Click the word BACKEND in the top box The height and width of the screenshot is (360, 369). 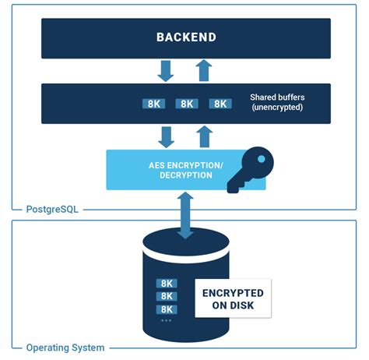point(185,37)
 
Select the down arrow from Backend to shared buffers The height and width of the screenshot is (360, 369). point(166,71)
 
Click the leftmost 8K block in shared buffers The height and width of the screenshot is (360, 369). point(153,104)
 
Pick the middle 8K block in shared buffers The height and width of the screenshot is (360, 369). point(187,104)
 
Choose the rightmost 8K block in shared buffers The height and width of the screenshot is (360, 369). point(221,104)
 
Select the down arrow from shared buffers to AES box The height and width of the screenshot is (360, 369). point(166,138)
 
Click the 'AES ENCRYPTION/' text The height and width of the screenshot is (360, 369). point(185,165)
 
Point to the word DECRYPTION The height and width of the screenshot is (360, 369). point(185,175)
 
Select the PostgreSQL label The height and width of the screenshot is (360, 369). point(50,209)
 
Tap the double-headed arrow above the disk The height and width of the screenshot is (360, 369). point(185,214)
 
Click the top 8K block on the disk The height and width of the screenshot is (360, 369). point(167,284)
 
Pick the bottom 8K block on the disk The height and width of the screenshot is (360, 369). point(167,309)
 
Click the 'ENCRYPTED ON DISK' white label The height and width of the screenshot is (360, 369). point(233,298)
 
